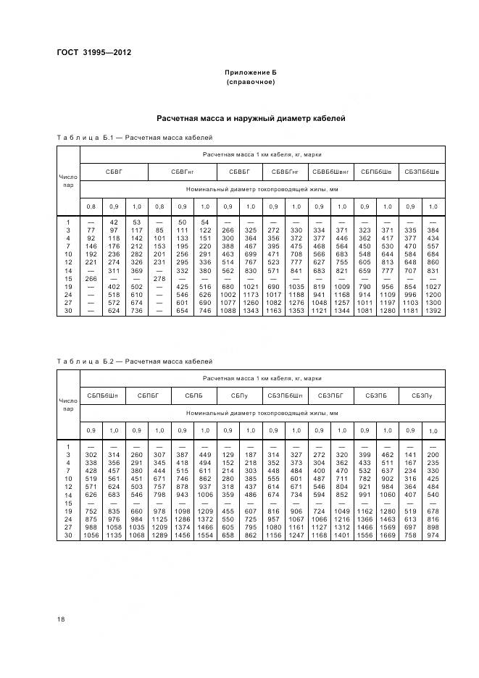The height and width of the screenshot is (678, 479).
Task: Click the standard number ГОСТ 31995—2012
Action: click(93, 51)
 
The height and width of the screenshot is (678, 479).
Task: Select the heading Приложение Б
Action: click(251, 73)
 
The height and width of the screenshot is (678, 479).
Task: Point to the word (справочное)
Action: click(251, 83)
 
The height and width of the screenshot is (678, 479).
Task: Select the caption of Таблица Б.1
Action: click(134, 136)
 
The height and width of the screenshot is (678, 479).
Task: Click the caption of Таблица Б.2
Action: click(134, 360)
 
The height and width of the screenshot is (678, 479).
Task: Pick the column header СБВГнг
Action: click(182, 172)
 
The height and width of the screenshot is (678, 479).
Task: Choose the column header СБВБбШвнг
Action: click(330, 172)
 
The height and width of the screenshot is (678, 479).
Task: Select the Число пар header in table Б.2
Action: click(67, 404)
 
